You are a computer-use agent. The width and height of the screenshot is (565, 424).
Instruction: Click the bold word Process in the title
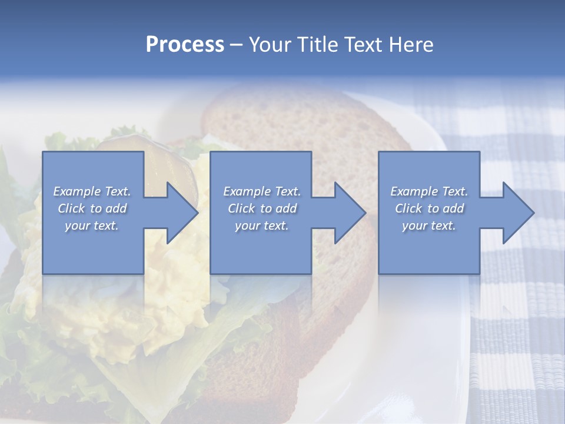pos(185,45)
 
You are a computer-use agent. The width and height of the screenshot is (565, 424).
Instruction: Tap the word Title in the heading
pos(316,45)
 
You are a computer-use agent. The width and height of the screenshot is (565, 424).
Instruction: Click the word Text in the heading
pos(362,45)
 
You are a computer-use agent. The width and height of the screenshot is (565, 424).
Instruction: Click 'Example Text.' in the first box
pos(92,191)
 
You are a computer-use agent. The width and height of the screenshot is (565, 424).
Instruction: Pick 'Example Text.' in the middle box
pos(262,191)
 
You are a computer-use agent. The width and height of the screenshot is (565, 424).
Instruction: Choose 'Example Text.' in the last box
pos(429,191)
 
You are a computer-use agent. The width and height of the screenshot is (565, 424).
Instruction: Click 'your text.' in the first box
pos(92,226)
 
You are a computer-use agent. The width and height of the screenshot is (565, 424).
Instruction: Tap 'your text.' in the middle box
pos(262,226)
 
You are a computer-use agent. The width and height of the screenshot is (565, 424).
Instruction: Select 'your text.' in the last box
pos(429,226)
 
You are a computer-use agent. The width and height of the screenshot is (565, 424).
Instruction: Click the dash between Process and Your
pos(235,45)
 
